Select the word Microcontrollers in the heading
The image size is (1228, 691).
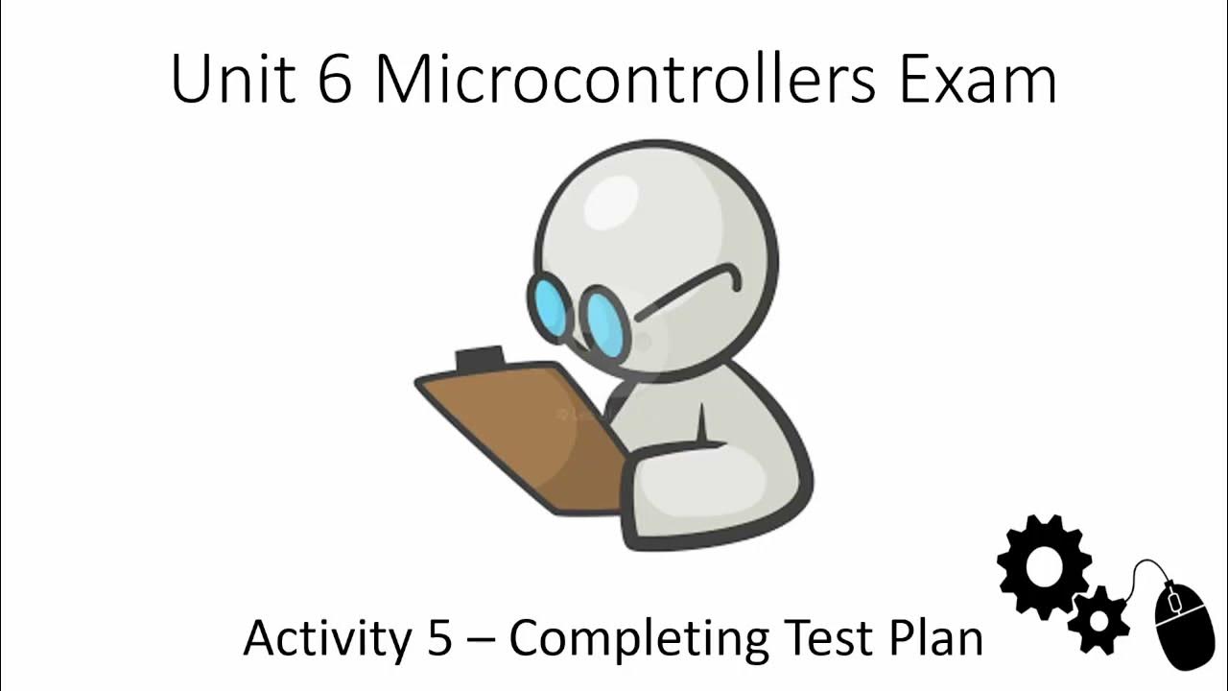point(625,79)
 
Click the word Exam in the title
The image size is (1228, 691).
point(978,79)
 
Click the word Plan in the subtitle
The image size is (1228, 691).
point(930,638)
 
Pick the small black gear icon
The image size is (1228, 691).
point(1098,619)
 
